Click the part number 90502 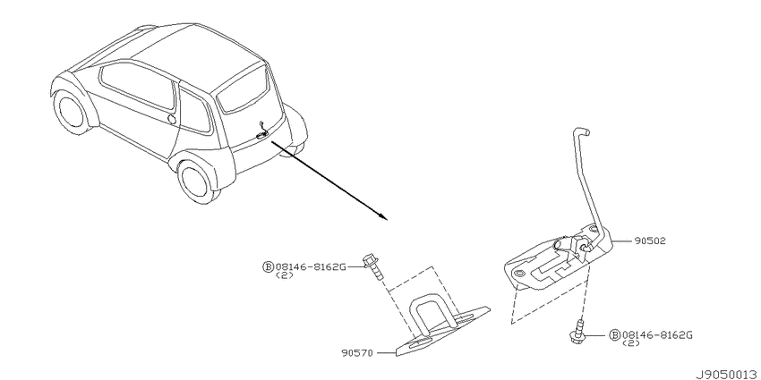click(x=649, y=241)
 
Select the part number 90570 click(x=356, y=353)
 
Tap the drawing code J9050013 click(x=728, y=374)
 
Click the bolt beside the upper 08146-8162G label click(x=372, y=268)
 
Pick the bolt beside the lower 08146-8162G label click(x=577, y=332)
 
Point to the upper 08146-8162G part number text click(x=311, y=266)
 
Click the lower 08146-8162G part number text click(x=657, y=335)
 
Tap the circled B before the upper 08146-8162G click(x=269, y=266)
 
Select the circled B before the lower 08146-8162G click(x=614, y=335)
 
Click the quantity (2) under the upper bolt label click(x=284, y=275)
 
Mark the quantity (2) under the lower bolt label click(x=630, y=343)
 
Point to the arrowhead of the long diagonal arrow click(x=383, y=216)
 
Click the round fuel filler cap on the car click(x=171, y=119)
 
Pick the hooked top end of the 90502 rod click(x=580, y=131)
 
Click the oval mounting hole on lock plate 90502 click(x=521, y=274)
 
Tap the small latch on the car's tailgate click(x=262, y=132)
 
